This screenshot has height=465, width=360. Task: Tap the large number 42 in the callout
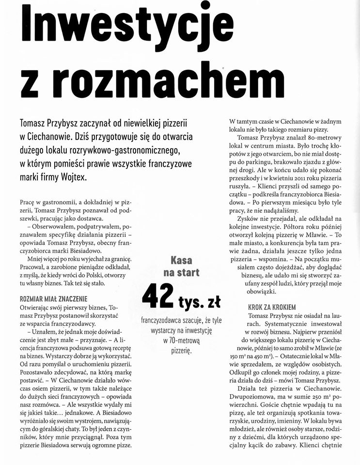157,297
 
